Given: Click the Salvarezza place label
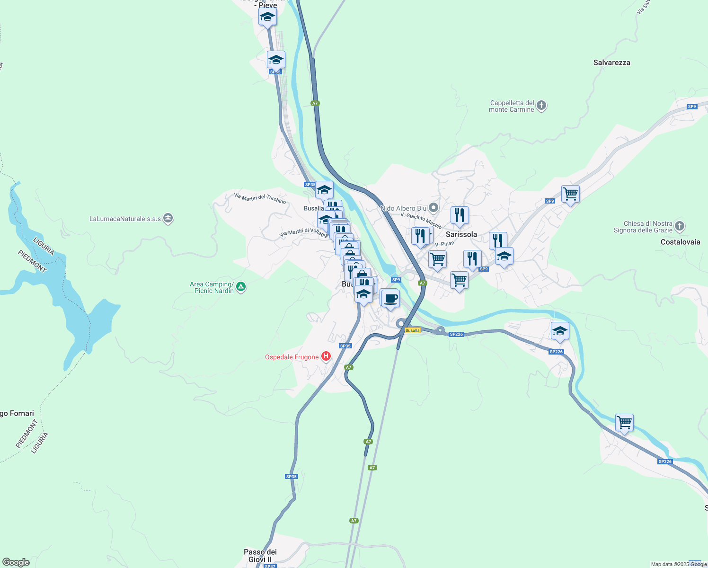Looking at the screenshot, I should tap(611, 62).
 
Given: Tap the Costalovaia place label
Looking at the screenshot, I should tap(680, 242).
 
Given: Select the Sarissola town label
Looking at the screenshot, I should tap(461, 234).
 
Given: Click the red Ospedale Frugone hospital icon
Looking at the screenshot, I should tap(326, 356).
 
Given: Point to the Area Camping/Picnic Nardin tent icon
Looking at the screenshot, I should tap(241, 287).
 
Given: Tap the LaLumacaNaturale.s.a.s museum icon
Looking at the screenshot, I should tap(168, 218).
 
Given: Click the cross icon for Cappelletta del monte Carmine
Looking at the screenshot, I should tap(542, 106).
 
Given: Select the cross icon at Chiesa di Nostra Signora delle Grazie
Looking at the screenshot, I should tap(680, 226).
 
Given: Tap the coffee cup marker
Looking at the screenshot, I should tap(390, 299).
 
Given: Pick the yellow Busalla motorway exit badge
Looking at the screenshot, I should tap(413, 330).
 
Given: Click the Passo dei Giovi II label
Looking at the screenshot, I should tap(260, 556).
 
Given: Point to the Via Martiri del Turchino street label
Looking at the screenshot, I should tap(260, 198).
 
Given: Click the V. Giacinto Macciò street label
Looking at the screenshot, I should tap(421, 221).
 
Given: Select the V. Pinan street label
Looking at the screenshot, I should tap(444, 244).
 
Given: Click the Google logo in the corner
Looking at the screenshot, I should tap(16, 562).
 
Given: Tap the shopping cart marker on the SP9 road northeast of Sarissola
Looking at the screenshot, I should tap(570, 194).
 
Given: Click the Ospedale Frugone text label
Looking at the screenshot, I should tap(292, 357).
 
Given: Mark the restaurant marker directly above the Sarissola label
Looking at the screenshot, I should tap(460, 215).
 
